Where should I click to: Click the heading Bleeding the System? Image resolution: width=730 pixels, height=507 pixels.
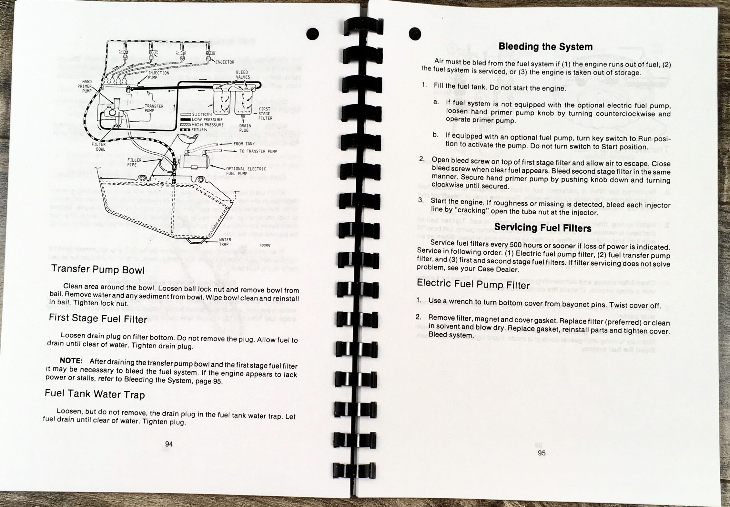tap(545, 47)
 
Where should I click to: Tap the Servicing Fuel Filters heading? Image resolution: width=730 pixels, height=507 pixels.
tap(542, 227)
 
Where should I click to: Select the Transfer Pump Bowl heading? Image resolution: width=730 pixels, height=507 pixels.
tap(98, 269)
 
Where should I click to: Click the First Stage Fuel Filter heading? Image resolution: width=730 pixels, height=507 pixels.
tap(98, 318)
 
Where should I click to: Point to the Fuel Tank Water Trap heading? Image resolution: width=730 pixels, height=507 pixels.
tap(95, 394)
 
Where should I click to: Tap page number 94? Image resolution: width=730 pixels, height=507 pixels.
tap(169, 444)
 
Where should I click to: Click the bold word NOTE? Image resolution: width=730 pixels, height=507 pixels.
tap(71, 361)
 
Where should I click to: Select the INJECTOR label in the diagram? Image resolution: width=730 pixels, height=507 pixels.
tap(225, 62)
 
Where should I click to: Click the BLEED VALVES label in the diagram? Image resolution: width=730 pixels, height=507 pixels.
tap(243, 75)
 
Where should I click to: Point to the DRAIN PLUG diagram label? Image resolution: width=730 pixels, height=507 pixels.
tap(245, 128)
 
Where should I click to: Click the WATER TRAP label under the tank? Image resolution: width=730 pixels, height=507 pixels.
tap(225, 242)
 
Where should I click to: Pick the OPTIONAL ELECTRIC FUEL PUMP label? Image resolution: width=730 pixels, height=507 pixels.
tap(246, 171)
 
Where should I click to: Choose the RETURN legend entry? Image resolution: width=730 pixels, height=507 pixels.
tap(199, 130)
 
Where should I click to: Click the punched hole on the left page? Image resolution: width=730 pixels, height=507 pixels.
tap(313, 34)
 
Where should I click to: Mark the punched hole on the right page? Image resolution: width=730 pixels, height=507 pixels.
tap(414, 34)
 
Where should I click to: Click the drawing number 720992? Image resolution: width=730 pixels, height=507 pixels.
tap(265, 245)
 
